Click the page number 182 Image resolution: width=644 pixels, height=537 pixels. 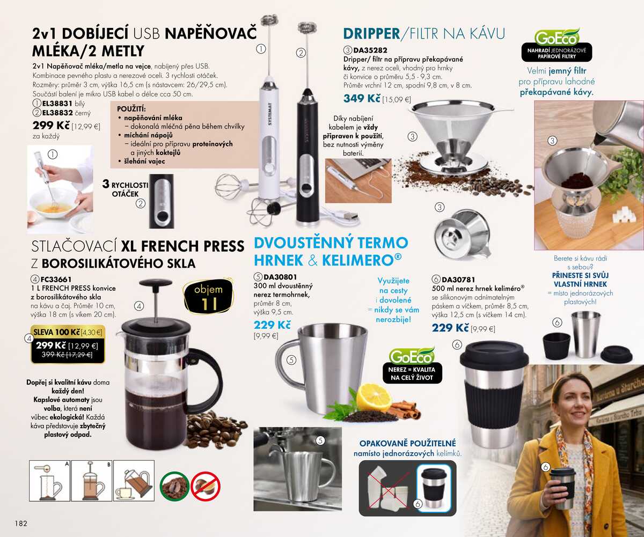pos(20,523)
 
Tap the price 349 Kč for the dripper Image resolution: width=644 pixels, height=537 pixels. pos(362,99)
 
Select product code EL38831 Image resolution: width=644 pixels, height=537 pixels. pos(57,104)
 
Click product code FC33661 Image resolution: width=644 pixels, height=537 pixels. pos(56,279)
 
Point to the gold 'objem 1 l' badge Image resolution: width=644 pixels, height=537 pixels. pos(208,297)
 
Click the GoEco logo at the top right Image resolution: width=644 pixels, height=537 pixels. pos(557,37)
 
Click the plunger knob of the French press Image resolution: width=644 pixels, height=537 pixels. pos(155,284)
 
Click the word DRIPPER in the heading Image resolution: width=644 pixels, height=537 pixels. pos(371,34)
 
